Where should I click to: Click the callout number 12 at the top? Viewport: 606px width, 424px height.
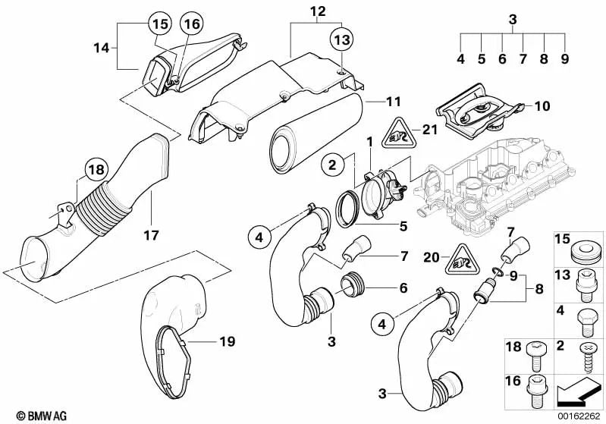point(317,11)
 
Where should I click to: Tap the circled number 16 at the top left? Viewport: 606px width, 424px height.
point(191,25)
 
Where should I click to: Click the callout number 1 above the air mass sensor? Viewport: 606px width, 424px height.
point(371,143)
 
